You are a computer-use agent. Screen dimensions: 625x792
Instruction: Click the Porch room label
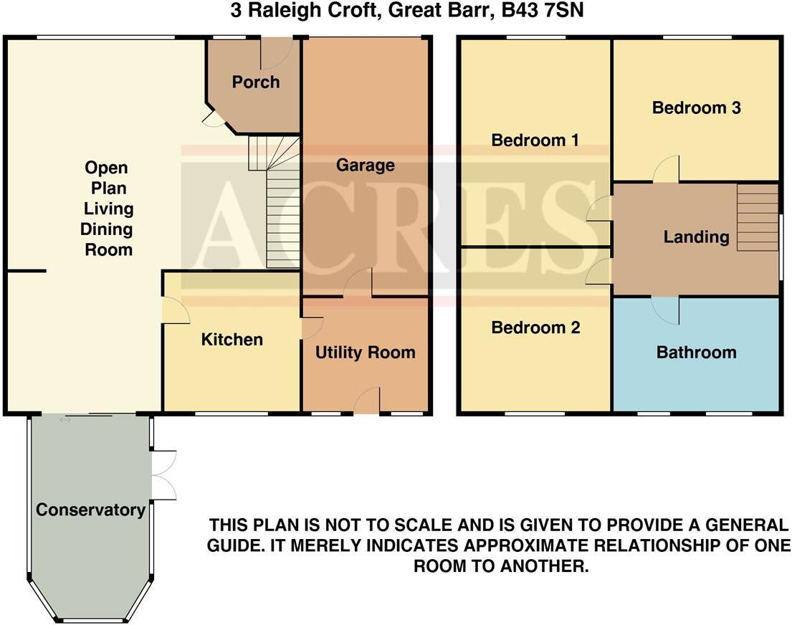(255, 82)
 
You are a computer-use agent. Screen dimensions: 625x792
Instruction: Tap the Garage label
(366, 166)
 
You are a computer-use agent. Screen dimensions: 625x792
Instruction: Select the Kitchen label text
(232, 339)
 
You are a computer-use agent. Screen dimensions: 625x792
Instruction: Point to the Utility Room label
(366, 352)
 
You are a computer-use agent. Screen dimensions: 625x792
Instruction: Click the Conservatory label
(90, 510)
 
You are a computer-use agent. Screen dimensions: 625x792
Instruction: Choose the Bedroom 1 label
(535, 140)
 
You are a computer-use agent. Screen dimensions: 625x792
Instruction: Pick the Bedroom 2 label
(535, 328)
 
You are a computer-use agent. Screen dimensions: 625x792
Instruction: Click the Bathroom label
(696, 352)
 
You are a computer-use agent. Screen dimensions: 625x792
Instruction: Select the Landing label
(696, 237)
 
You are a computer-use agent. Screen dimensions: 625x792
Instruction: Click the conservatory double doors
(165, 474)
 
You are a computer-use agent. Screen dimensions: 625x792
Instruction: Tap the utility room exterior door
(368, 401)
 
